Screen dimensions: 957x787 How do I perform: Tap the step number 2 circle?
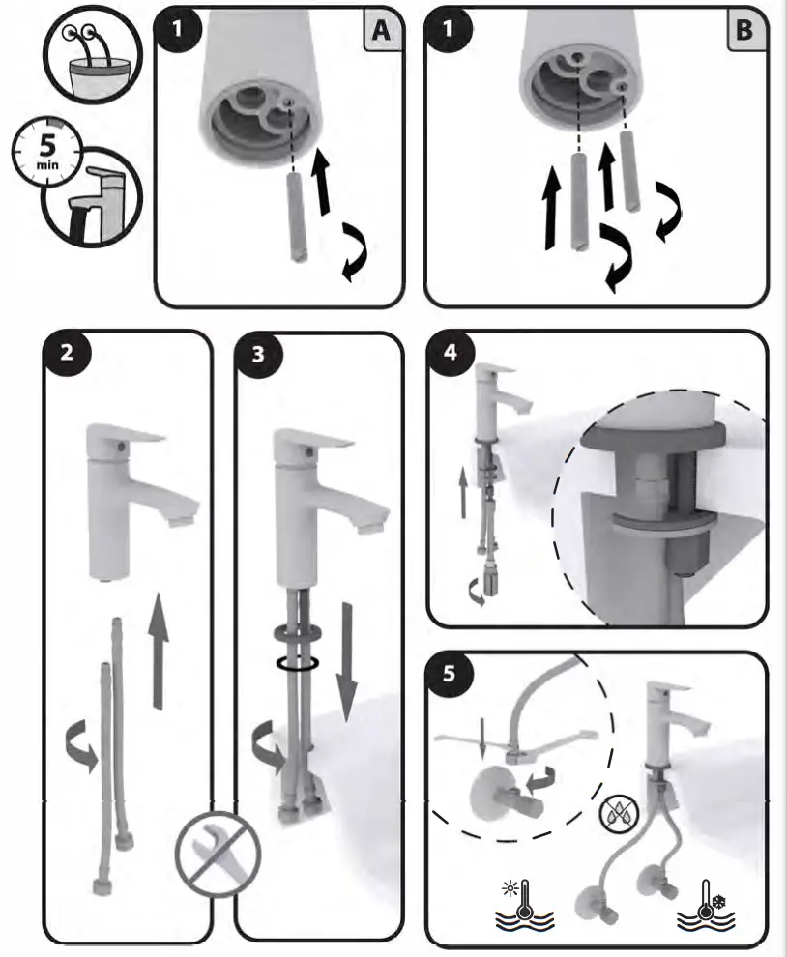(x=67, y=354)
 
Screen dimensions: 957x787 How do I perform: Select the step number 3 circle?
(x=258, y=354)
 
